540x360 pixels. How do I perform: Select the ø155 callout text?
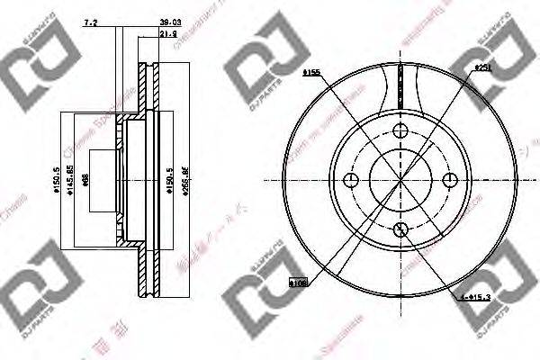point(313,71)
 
